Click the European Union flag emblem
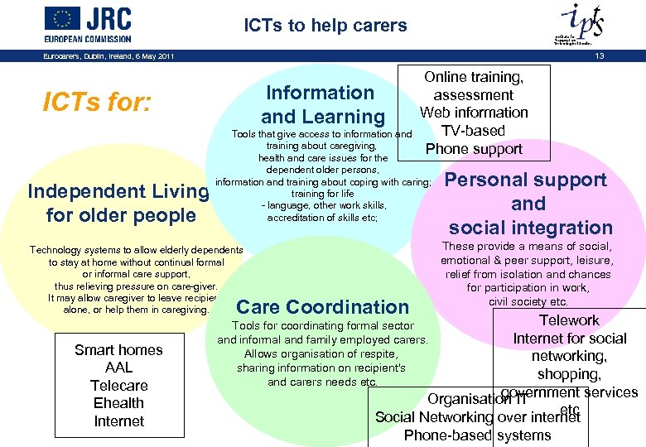click(62, 18)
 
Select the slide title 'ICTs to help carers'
click(325, 26)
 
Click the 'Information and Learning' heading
click(322, 104)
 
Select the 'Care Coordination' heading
click(323, 307)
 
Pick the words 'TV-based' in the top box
click(473, 131)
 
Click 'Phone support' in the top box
click(474, 149)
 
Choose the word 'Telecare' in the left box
click(118, 386)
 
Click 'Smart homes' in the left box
click(118, 350)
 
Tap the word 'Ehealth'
click(118, 403)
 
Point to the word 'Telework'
click(569, 320)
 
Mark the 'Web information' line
click(474, 113)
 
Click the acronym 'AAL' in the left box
click(118, 368)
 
